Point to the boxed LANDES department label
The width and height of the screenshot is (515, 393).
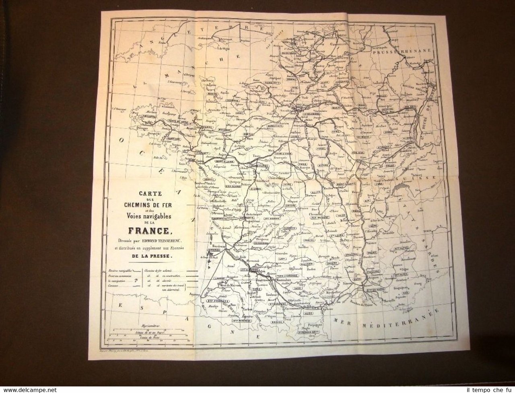214,278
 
